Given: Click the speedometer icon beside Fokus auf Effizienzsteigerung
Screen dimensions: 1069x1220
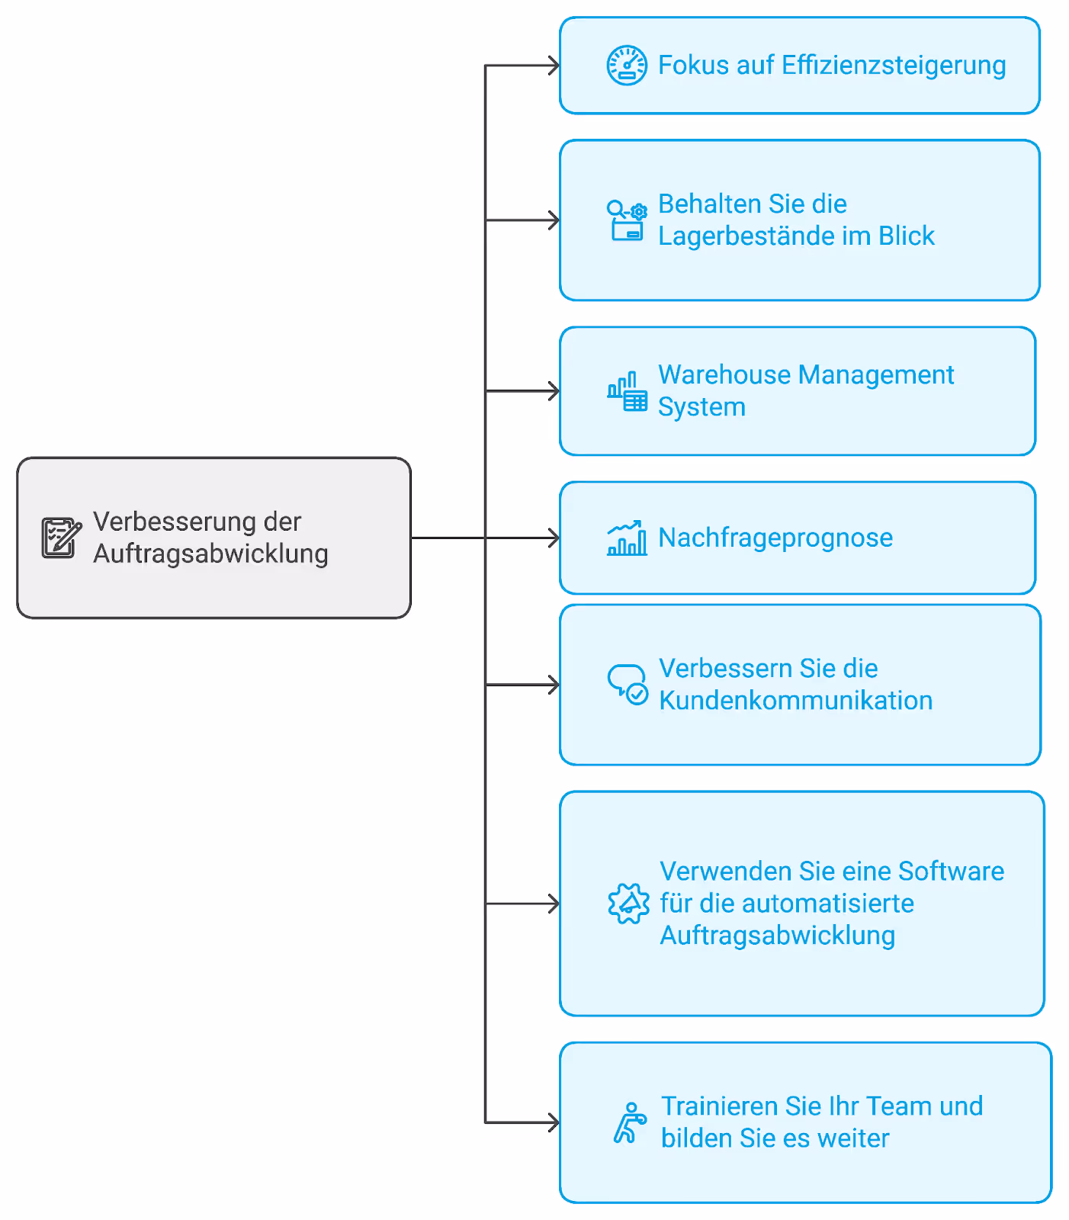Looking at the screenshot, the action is point(627,66).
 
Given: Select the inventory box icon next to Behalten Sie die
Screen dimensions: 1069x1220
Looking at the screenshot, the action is point(627,220).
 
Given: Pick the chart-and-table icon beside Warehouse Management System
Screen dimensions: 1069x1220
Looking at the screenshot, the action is point(627,391).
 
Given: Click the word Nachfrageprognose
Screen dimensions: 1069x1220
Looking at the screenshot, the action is point(775,538).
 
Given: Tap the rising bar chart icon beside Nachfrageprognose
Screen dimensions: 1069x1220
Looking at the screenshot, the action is point(627,538).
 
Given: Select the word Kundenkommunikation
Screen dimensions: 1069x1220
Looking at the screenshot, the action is point(796,700).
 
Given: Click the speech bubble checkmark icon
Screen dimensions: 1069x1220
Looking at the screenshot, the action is point(628,685).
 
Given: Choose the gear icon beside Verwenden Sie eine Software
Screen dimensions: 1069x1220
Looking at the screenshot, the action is point(628,904).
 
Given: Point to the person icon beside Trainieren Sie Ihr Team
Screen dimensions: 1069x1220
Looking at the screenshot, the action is point(630,1122).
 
